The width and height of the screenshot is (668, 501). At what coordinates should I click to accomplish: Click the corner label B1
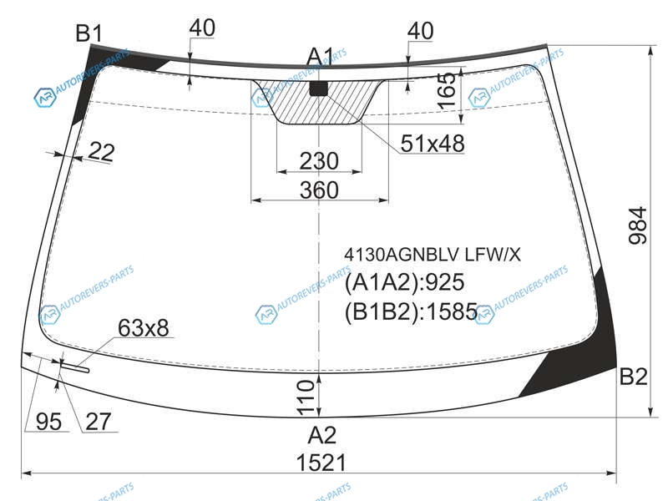(x=89, y=33)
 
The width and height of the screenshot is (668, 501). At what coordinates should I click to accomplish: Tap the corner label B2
(x=633, y=377)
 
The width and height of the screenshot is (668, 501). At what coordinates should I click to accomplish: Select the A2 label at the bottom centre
(x=322, y=435)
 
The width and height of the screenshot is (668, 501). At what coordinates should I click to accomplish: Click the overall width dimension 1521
(x=321, y=463)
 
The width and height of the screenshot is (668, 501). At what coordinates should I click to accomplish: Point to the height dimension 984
(x=638, y=225)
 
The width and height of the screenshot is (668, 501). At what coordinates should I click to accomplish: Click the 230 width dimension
(x=319, y=161)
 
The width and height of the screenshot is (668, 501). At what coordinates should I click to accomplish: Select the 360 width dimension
(x=319, y=190)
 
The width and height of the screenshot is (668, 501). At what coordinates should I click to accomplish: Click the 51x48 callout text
(x=433, y=144)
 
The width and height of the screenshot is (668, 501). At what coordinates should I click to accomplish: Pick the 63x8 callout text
(x=144, y=328)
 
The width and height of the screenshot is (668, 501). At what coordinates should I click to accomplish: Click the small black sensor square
(x=319, y=89)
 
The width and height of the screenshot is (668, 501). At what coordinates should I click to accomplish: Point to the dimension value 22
(x=102, y=152)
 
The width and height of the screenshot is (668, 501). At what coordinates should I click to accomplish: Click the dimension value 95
(x=49, y=422)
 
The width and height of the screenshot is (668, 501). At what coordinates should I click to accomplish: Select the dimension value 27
(x=99, y=422)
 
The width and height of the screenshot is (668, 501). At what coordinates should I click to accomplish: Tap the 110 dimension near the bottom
(x=306, y=398)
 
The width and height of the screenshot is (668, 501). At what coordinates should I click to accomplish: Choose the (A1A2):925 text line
(x=404, y=282)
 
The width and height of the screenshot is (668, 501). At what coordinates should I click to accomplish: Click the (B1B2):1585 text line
(x=411, y=311)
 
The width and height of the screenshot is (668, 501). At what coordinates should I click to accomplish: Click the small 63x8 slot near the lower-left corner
(x=74, y=367)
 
